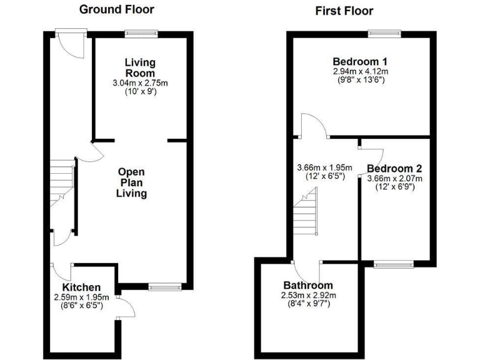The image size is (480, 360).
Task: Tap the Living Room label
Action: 140,67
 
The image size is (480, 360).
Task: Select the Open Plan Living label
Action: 132,182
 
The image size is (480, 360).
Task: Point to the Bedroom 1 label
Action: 360,62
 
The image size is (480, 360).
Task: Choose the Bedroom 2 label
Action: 394,169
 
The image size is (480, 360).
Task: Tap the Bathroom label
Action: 309,285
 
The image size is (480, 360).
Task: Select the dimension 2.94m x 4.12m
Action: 360,72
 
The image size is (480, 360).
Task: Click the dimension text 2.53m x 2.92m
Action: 309,296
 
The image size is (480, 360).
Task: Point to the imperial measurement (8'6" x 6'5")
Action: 81,306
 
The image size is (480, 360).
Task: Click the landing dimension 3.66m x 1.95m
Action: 324,167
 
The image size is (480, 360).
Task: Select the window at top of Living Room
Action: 140,33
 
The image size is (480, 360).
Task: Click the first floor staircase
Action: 306,212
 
